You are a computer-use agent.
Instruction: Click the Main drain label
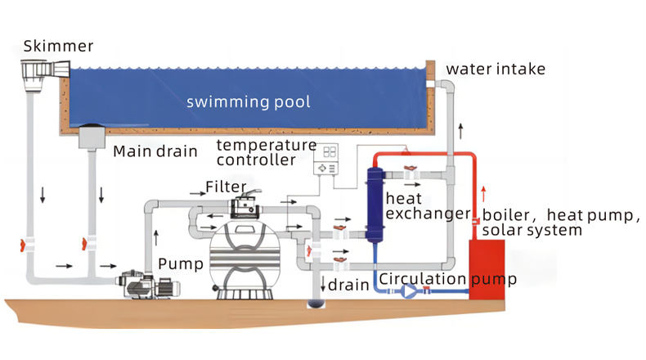point(155,151)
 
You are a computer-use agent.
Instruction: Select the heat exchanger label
point(415,206)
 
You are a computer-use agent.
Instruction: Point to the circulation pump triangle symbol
point(409,290)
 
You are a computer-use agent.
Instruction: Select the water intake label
point(496,69)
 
